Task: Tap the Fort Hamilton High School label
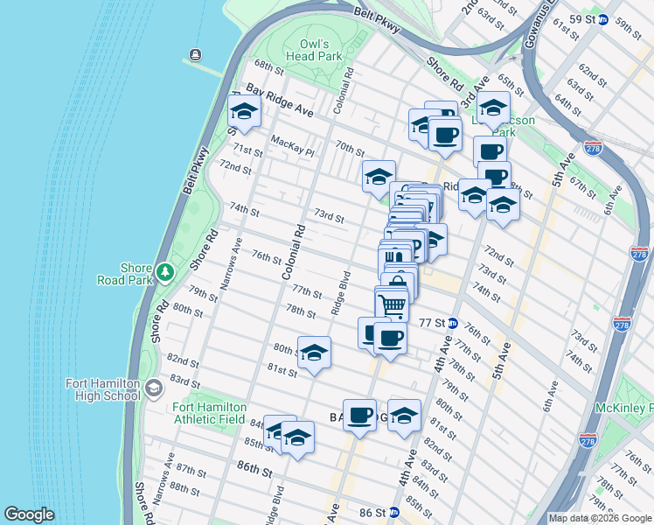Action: (x=103, y=389)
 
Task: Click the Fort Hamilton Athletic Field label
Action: (x=209, y=412)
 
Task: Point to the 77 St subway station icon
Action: (x=452, y=322)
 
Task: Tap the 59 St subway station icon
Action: (x=602, y=19)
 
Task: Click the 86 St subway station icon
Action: (x=393, y=512)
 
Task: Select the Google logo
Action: (x=29, y=514)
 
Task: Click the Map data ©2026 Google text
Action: (x=600, y=517)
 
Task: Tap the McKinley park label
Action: (x=635, y=409)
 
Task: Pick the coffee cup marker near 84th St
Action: (x=359, y=416)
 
